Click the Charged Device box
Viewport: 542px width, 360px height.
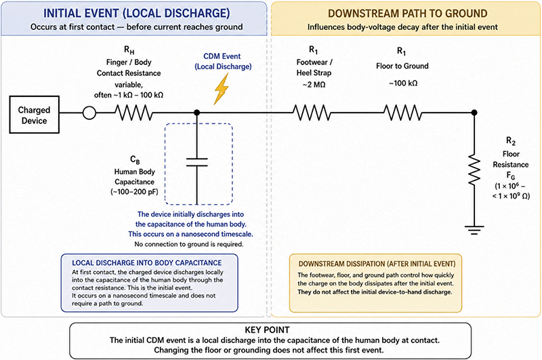tap(35, 115)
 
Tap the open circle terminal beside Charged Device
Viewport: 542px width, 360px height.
tap(89, 113)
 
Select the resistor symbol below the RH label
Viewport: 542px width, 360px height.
tap(133, 113)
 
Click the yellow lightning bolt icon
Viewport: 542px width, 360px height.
tap(222, 89)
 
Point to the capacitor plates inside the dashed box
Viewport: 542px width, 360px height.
tap(197, 162)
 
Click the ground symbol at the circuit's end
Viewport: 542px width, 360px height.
tap(474, 230)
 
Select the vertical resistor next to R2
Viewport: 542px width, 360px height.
tap(474, 169)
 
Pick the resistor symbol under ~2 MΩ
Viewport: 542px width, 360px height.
tap(312, 113)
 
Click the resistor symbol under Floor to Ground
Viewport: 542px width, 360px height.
tap(402, 113)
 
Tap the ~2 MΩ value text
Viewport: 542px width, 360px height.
tap(314, 84)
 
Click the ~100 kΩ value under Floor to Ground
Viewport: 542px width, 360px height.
tap(403, 83)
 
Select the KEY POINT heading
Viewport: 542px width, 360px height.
tap(267, 329)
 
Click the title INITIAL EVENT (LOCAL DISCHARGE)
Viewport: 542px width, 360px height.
tap(137, 13)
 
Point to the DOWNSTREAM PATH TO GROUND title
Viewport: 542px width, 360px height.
tap(408, 14)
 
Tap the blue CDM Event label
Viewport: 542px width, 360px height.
tap(222, 56)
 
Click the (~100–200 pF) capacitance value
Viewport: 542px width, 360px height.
tap(134, 192)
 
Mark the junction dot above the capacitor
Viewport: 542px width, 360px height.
tap(197, 113)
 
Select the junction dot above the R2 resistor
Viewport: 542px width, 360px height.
tap(474, 113)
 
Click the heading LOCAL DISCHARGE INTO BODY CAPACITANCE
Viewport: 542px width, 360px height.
tap(147, 263)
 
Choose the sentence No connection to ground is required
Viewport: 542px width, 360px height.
tap(189, 244)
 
